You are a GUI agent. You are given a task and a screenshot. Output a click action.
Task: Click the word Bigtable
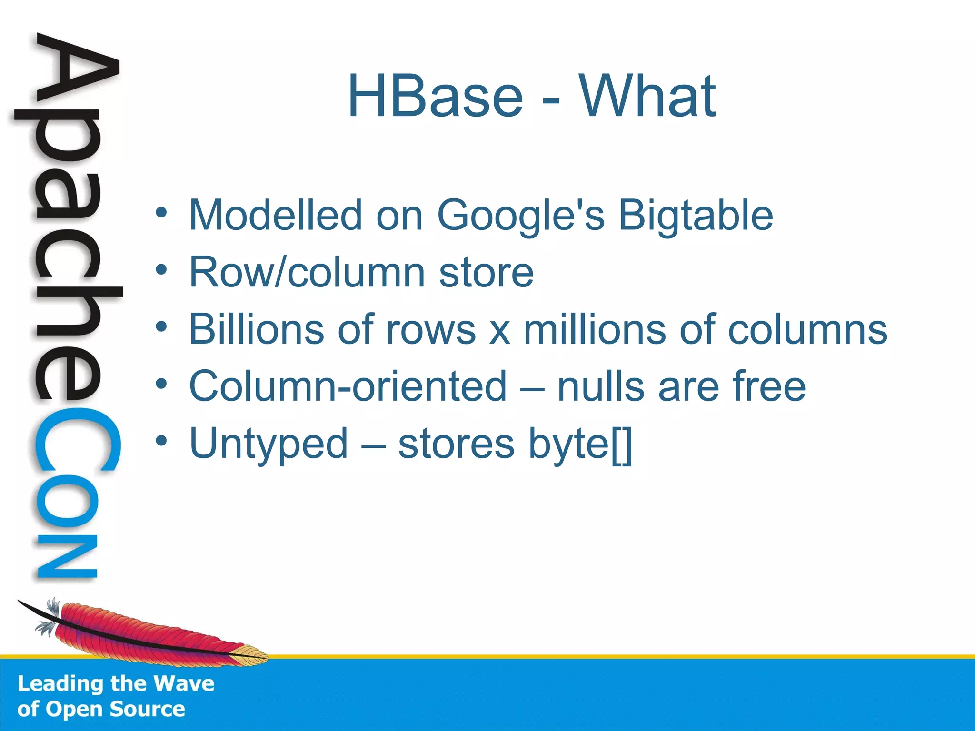tap(696, 216)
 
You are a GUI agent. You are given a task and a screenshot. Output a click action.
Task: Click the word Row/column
tap(307, 272)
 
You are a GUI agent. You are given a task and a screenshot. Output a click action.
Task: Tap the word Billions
tap(257, 329)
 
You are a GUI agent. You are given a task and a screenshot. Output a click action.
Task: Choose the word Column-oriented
tap(348, 386)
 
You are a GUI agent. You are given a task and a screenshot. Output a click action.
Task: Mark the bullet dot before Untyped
tap(161, 441)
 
